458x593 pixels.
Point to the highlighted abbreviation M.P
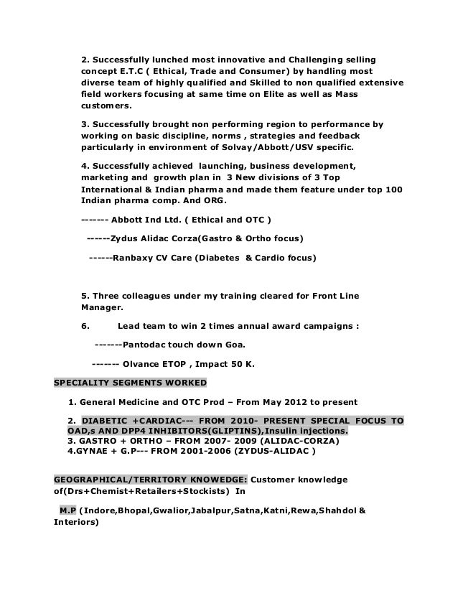69,510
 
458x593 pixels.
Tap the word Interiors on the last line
76,523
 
